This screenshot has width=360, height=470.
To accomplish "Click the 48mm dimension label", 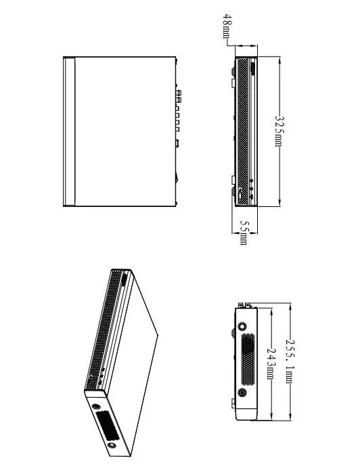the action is click(227, 26).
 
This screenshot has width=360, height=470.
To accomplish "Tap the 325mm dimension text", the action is click(279, 131).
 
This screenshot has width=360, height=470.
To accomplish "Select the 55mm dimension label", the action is click(244, 233).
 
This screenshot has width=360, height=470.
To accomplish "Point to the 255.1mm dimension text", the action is click(290, 361).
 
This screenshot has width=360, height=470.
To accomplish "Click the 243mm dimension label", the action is click(271, 363).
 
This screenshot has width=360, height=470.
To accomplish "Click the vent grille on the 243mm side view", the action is click(248, 359).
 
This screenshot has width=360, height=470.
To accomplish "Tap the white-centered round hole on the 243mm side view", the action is click(242, 326).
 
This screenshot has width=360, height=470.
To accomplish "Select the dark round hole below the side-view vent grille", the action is click(242, 392).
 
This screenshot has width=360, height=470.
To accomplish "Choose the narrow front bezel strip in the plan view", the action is click(69, 132).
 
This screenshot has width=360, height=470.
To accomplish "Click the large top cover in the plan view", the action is click(125, 132).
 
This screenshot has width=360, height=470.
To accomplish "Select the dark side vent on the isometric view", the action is click(107, 426).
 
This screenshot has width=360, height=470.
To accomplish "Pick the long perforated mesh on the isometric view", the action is click(104, 330).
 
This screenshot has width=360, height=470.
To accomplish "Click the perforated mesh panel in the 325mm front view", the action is click(243, 132).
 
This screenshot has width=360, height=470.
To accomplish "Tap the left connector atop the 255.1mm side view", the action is click(241, 306).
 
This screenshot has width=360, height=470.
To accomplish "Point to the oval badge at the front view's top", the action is click(252, 69).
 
